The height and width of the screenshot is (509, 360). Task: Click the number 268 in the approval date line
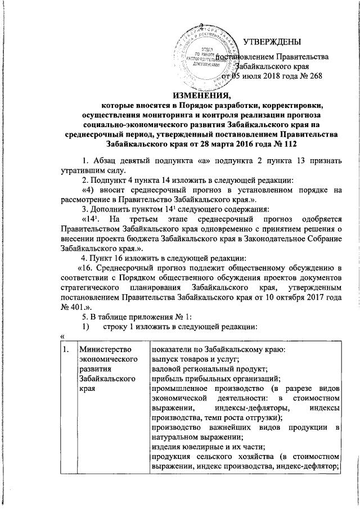[x=314, y=76]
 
